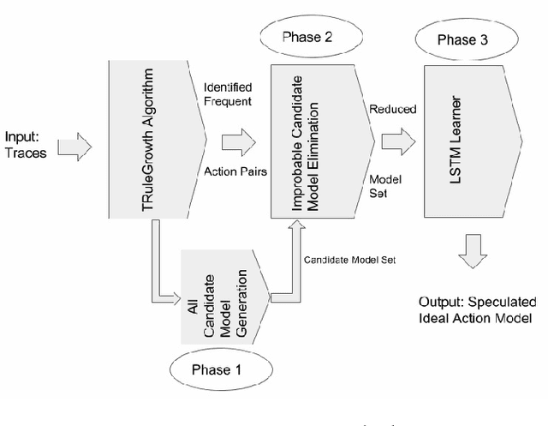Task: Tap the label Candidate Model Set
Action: pyautogui.click(x=348, y=259)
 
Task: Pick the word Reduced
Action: pyautogui.click(x=392, y=109)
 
